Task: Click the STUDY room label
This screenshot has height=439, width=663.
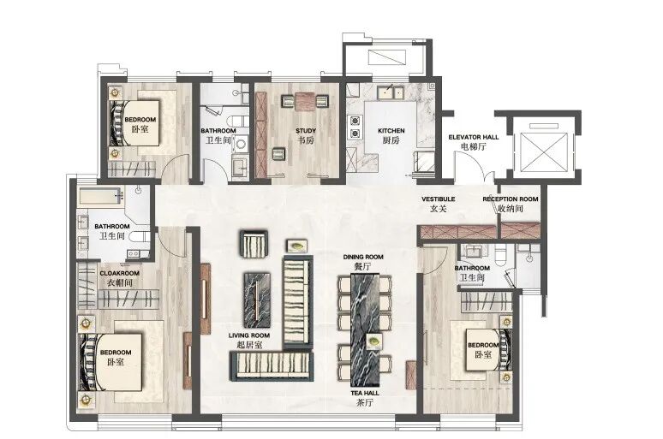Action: pos(305,131)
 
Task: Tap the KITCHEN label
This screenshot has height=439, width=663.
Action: pos(391,131)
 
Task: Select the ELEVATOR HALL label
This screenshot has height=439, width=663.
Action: pos(473,137)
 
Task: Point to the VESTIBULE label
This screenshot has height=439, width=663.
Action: pos(438,199)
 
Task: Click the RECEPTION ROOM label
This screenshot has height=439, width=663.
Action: pos(511,199)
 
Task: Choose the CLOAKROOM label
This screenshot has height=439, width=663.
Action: pos(120,273)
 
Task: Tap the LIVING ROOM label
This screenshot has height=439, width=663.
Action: pos(249,335)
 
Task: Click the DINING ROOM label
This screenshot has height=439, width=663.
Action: pos(363,257)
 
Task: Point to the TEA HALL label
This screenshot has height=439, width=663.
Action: pos(365,393)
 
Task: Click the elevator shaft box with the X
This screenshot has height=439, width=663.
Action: pos(544,152)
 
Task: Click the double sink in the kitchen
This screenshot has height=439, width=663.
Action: pos(391,92)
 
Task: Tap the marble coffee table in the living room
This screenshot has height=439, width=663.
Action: pos(257,300)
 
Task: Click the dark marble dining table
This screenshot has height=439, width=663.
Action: pos(365,330)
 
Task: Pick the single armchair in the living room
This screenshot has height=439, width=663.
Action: pos(254,244)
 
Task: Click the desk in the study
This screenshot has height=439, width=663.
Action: pos(305,101)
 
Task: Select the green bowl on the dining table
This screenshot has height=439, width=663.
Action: pos(373,340)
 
